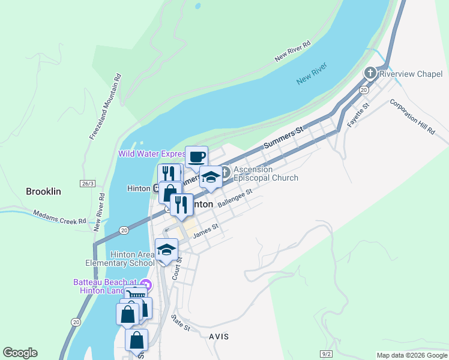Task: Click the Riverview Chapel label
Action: click(412, 74)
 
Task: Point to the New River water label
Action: click(312, 74)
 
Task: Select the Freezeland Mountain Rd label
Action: click(106, 107)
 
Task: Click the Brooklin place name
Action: click(43, 191)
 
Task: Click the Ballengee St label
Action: click(235, 199)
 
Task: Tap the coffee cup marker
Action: click(196, 157)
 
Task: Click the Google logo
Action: click(20, 353)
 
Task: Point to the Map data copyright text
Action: click(411, 355)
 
